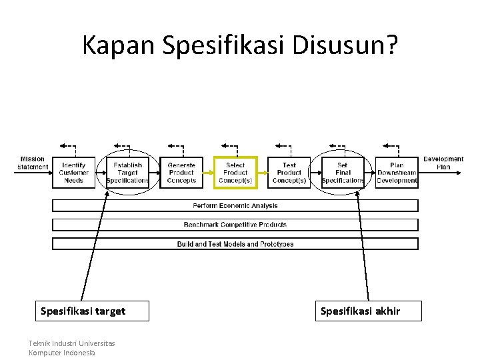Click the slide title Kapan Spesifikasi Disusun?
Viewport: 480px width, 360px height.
(240, 45)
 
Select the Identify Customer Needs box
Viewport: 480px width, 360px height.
(73, 173)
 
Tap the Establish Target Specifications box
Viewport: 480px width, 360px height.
(127, 173)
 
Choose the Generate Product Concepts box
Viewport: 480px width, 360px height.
(181, 173)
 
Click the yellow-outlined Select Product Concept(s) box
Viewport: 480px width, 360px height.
(235, 173)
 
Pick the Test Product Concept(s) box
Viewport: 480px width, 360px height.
(289, 173)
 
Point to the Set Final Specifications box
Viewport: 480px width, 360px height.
(343, 173)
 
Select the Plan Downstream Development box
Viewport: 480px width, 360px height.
(397, 173)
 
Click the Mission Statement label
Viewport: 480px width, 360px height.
(33, 163)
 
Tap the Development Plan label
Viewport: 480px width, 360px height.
(443, 163)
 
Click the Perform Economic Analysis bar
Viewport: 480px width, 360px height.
(235, 205)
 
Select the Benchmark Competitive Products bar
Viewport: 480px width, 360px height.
(235, 225)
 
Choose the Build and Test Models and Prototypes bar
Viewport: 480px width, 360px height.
(235, 244)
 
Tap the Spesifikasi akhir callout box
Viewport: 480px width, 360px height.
(368, 311)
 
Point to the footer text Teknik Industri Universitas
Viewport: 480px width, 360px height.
(71, 343)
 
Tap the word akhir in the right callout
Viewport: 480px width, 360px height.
(387, 311)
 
